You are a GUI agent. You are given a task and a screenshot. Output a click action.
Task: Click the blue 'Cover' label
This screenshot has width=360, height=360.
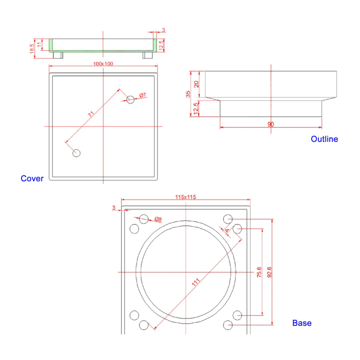32,178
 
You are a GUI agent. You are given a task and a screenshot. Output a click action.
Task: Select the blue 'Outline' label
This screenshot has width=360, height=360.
324,139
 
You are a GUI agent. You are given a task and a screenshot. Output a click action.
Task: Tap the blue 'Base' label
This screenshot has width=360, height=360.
302,323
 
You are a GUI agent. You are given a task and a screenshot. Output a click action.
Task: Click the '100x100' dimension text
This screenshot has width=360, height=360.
103,64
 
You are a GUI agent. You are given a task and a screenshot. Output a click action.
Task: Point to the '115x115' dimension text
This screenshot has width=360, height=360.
186,197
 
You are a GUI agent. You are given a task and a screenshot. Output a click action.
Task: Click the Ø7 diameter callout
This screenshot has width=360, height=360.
143,95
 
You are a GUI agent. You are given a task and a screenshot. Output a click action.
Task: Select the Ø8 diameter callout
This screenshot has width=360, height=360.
158,219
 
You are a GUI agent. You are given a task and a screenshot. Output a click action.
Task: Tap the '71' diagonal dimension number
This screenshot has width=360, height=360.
91,114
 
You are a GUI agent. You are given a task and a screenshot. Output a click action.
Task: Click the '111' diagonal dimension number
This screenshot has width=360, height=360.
196,282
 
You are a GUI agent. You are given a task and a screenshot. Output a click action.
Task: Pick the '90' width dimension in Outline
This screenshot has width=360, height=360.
271,124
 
